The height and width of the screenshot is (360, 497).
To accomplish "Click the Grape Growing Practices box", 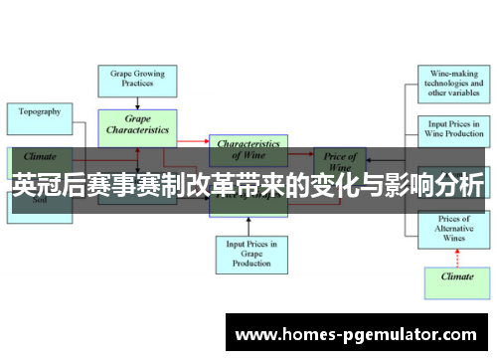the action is click(137, 80).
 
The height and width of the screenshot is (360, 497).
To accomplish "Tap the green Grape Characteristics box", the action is click(137, 125).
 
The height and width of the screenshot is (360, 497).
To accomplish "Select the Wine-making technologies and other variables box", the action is click(452, 85).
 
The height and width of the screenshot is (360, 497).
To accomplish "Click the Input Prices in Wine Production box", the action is click(452, 129).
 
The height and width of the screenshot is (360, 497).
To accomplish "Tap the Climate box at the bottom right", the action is click(456, 277).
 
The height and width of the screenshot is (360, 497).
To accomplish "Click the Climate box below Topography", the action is click(40, 156).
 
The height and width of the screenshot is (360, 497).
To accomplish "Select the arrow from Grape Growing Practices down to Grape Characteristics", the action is click(137, 101).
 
